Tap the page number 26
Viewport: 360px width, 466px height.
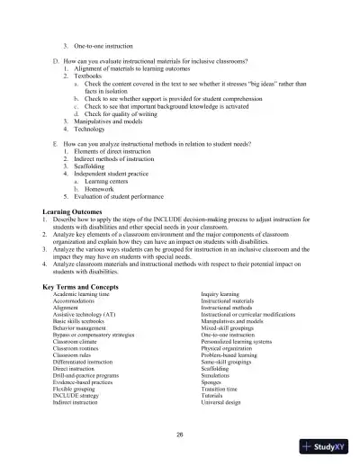[x=180, y=434]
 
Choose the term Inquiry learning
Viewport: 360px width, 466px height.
[x=220, y=294]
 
